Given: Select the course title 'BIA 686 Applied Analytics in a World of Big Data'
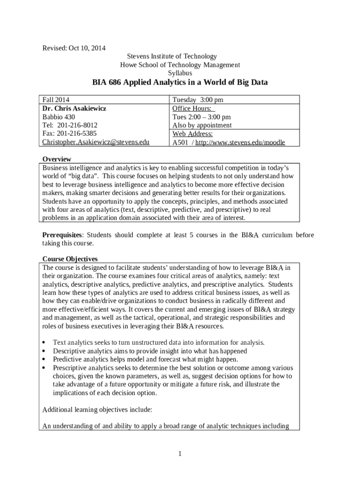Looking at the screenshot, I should pyautogui.click(x=180, y=83).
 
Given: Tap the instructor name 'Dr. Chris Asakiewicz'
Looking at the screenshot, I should pyautogui.click(x=74, y=108).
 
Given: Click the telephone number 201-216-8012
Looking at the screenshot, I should pyautogui.click(x=77, y=125).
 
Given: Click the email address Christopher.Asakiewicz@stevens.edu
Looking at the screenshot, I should pyautogui.click(x=96, y=142).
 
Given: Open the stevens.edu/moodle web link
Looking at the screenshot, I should pyautogui.click(x=240, y=142).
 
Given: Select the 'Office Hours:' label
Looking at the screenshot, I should pyautogui.click(x=191, y=108).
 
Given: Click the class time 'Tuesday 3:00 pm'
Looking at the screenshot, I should pyautogui.click(x=198, y=100).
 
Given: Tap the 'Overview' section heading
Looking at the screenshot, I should pyautogui.click(x=57, y=159).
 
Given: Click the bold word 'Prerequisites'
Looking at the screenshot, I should pyautogui.click(x=62, y=235).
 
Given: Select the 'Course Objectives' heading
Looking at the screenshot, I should pyautogui.click(x=70, y=259).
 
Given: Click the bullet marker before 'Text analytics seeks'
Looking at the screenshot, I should pyautogui.click(x=44, y=343).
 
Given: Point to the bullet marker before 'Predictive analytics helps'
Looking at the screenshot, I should pyautogui.click(x=44, y=360).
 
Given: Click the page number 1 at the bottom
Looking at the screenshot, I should pyautogui.click(x=180, y=453).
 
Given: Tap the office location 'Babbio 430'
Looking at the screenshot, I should pyautogui.click(x=58, y=116).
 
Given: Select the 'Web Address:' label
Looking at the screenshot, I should pyautogui.click(x=193, y=134).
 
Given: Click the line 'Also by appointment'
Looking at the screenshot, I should pyautogui.click(x=202, y=125).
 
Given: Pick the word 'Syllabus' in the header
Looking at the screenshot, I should pyautogui.click(x=180, y=73).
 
